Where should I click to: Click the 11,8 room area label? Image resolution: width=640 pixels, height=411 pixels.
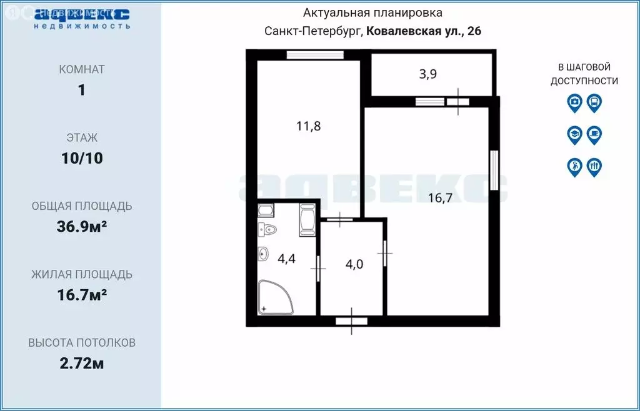(x=308, y=126)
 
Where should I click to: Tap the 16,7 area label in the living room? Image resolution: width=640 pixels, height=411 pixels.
(x=441, y=199)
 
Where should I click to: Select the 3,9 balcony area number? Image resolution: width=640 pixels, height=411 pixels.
(x=427, y=74)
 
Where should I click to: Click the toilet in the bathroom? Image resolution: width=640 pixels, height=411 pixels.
(x=268, y=229)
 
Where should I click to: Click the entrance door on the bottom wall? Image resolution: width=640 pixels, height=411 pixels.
(x=351, y=321)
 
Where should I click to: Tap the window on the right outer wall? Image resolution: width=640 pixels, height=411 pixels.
(x=494, y=170)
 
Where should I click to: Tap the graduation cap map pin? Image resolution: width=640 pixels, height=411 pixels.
(x=574, y=134)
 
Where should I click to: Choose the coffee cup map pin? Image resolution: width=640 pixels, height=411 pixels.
(x=594, y=134)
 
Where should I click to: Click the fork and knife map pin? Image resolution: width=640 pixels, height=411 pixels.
(x=594, y=166)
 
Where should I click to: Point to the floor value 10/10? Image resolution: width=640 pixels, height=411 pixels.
(x=82, y=159)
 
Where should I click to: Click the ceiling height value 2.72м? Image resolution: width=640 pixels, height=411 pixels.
(x=82, y=364)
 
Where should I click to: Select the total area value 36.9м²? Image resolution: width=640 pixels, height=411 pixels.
(x=82, y=227)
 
